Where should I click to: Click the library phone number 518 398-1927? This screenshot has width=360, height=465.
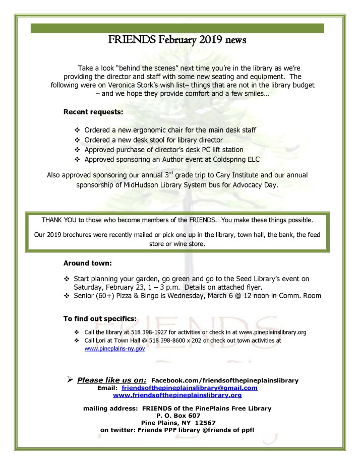(156, 333)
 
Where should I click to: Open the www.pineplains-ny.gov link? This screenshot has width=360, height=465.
(114, 348)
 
